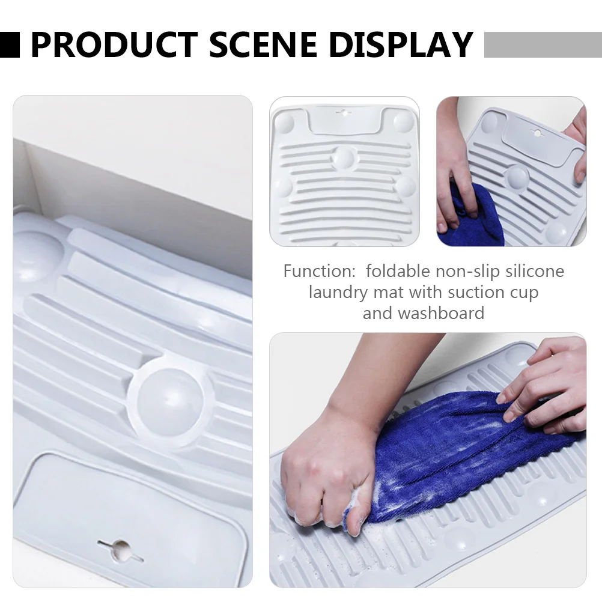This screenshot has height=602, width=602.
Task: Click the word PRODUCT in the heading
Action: [x=114, y=44]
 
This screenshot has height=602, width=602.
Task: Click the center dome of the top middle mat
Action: [x=344, y=158]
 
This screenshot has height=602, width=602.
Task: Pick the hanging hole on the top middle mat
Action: [x=343, y=112]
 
